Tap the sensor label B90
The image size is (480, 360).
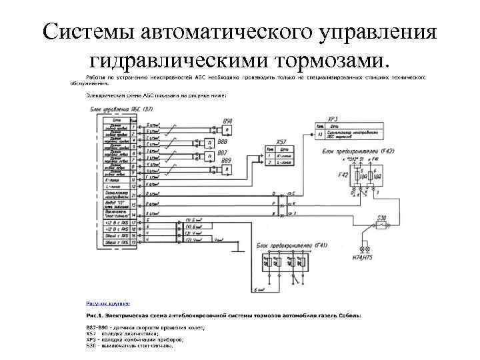tap(228, 120)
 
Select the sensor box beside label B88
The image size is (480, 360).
tap(210, 143)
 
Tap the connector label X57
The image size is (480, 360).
tap(281, 143)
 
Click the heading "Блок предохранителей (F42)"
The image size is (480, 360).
tap(359, 152)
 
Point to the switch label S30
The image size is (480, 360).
tap(382, 217)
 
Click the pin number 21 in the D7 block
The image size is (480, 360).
tap(134, 196)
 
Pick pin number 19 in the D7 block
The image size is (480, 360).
tap(134, 242)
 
